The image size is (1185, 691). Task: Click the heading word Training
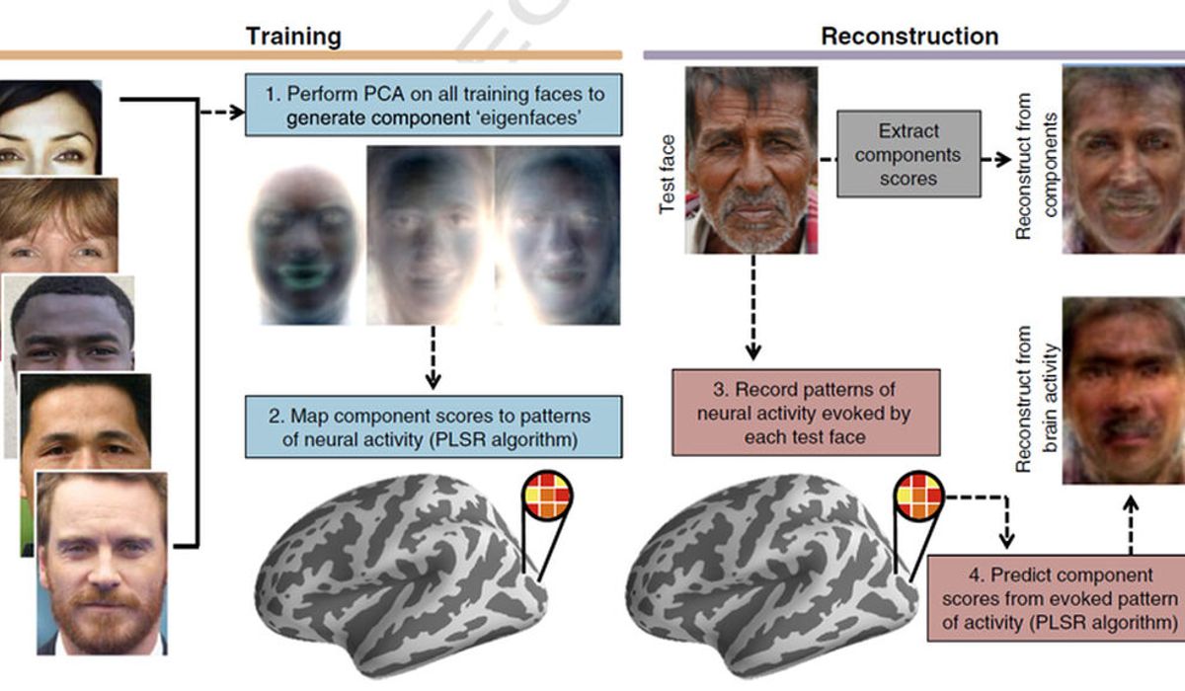(x=293, y=38)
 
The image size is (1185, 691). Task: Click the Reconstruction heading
(x=909, y=37)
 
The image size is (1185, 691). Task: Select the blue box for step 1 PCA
(x=434, y=105)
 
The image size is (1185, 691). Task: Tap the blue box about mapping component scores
(x=434, y=426)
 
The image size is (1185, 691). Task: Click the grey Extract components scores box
(x=908, y=154)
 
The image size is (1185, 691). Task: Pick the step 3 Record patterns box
(x=806, y=413)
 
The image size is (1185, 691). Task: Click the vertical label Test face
(x=667, y=175)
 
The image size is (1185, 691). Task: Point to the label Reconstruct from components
(x=1036, y=166)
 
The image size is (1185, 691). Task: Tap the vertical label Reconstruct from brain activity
(x=1036, y=399)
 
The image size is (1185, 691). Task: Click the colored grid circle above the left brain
(x=548, y=496)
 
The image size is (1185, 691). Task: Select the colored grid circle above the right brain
(x=919, y=496)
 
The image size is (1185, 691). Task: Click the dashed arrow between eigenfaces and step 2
(x=433, y=357)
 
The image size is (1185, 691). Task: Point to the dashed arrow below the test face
(x=753, y=308)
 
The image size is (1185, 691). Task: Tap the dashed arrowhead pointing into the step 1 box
(x=238, y=113)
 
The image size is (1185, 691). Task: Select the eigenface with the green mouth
(x=305, y=244)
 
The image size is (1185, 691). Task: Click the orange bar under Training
(x=311, y=55)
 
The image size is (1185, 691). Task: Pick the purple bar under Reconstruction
(x=914, y=55)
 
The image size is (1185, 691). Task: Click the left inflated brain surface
(x=401, y=574)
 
